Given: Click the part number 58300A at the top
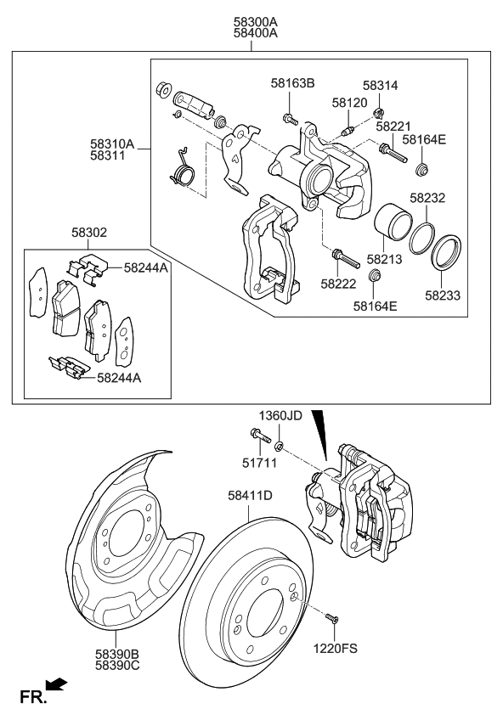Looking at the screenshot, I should tap(251, 21).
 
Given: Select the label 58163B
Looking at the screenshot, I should tap(293, 83).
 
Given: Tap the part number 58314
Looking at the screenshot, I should tap(381, 86).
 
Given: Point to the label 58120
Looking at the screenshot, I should tap(349, 102).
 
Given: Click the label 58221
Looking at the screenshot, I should tap(393, 126).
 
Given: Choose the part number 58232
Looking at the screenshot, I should tap(428, 197).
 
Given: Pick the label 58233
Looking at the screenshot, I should tap(443, 295).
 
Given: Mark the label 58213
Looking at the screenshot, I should tap(384, 258).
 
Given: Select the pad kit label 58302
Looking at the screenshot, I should tap(90, 231).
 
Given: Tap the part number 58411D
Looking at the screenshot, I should tap(250, 495).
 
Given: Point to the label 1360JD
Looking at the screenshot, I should tap(280, 415).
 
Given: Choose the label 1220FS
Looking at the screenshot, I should tap(336, 648).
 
